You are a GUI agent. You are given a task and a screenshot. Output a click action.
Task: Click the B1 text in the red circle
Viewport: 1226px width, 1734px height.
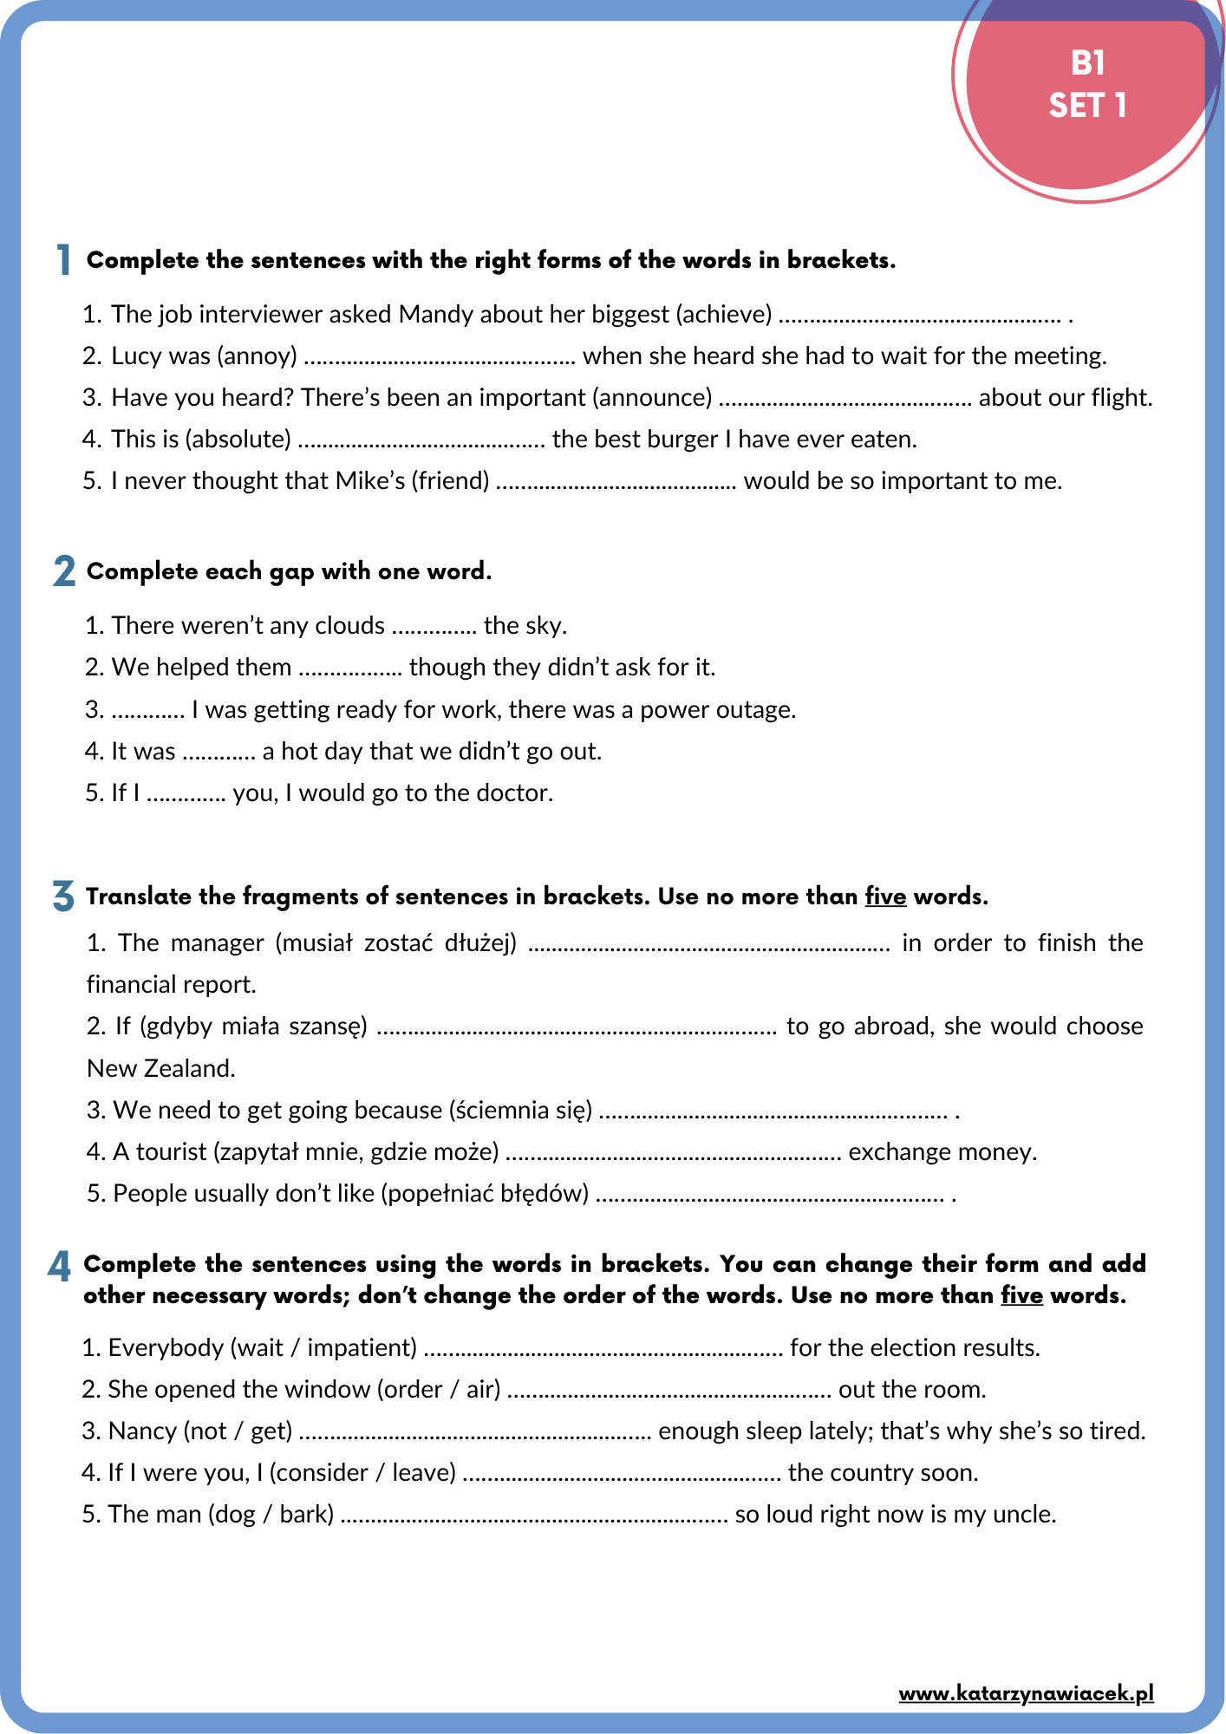tap(1087, 63)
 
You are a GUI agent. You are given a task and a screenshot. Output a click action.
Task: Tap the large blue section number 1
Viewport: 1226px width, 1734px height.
tap(63, 259)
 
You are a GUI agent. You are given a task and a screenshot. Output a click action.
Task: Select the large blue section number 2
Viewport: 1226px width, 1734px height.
tap(63, 571)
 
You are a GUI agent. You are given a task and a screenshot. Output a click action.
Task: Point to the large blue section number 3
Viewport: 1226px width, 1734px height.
tap(63, 896)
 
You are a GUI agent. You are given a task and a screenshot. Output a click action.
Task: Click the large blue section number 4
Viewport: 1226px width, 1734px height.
tap(59, 1268)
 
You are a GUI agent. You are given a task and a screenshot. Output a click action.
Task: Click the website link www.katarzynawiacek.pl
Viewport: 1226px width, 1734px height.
tap(1026, 1693)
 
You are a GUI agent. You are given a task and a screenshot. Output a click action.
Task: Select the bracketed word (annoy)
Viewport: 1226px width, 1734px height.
tap(258, 355)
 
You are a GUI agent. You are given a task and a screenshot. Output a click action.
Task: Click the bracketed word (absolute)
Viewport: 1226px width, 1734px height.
tap(238, 439)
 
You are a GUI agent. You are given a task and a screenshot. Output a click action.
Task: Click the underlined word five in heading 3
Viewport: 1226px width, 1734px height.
tap(885, 896)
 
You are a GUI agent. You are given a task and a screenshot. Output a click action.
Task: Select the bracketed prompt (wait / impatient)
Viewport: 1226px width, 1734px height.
tap(323, 1347)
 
